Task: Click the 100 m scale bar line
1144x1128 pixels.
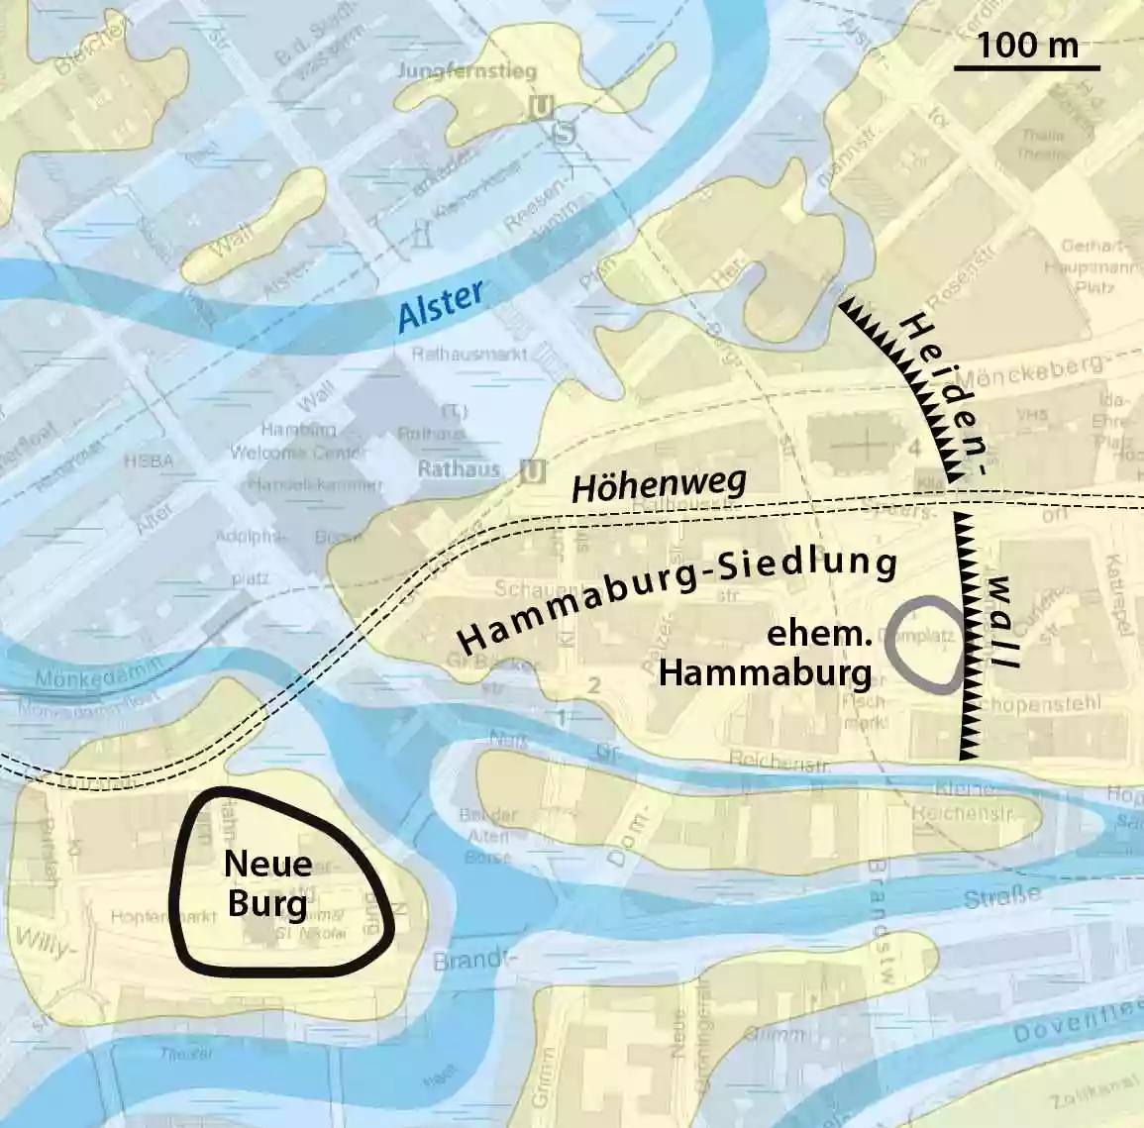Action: click(x=1026, y=68)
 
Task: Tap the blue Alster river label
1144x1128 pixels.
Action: click(x=441, y=306)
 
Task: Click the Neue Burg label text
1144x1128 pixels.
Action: click(x=267, y=882)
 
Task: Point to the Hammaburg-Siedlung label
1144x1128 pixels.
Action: click(x=678, y=595)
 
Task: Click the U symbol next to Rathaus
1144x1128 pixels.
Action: click(x=532, y=471)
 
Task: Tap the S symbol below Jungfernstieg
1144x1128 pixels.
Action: click(x=564, y=132)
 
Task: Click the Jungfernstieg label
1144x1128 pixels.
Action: click(x=467, y=71)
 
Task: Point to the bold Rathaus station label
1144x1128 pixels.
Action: click(x=458, y=470)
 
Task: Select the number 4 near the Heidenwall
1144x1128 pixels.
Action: click(x=914, y=451)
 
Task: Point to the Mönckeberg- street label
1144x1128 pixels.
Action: click(x=1044, y=369)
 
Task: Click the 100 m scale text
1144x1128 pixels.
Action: click(x=1026, y=45)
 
